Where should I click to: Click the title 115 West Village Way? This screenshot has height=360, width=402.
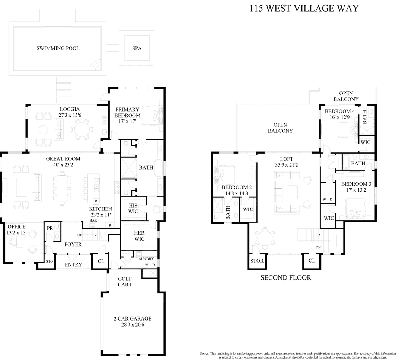304,8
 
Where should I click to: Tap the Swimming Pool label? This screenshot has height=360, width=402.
58,48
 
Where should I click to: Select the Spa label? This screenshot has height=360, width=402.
137,48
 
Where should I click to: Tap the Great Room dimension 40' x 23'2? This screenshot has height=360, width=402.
63,165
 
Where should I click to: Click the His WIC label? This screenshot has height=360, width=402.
133,208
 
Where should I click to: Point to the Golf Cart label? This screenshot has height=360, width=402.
125,282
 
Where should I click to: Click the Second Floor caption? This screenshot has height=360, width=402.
285,277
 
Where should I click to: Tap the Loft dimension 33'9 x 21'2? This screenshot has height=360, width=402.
286,165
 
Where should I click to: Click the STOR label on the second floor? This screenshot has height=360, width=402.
257,261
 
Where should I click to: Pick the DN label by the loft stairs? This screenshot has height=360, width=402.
318,247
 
